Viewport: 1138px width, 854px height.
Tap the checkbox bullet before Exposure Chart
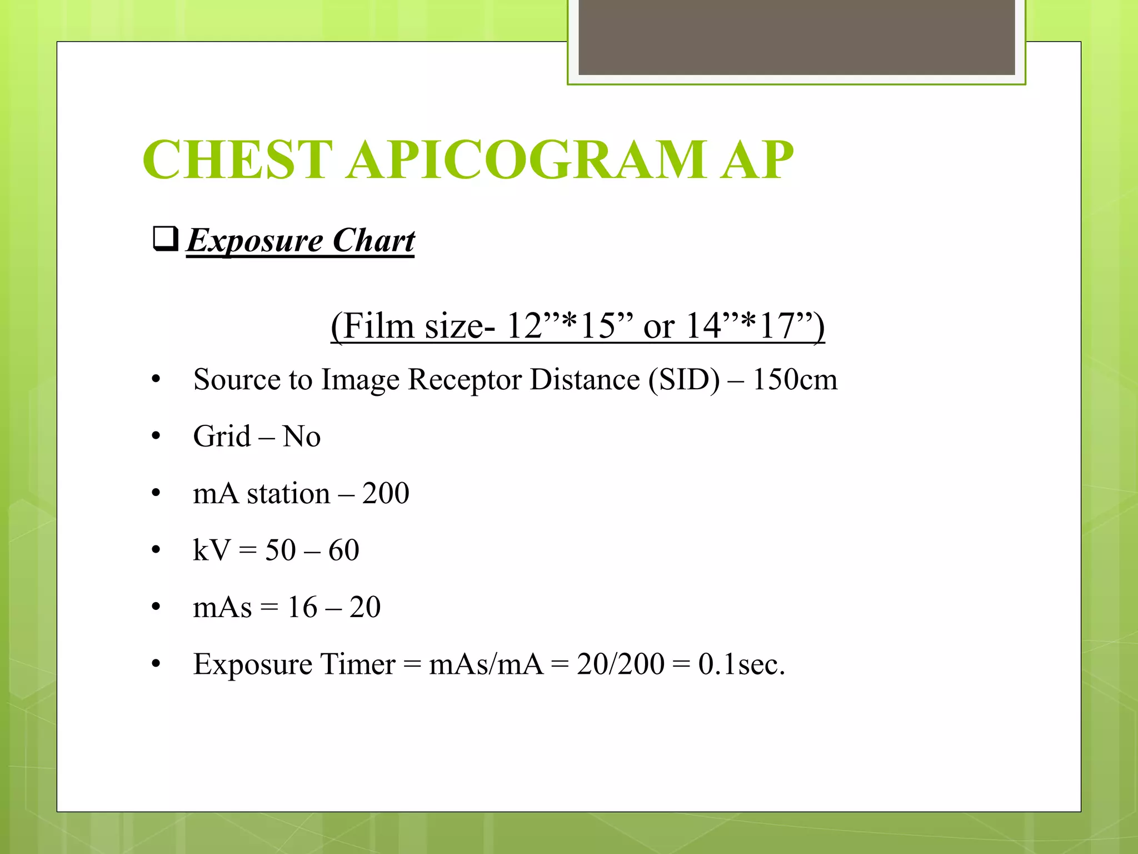[x=165, y=239]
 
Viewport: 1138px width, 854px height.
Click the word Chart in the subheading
[x=373, y=241]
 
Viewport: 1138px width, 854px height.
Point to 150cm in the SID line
[x=795, y=380]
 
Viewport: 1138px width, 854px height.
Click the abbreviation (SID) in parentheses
[x=683, y=380]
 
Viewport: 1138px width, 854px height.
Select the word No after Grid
[x=301, y=436]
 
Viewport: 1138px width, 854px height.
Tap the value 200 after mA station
[x=386, y=494]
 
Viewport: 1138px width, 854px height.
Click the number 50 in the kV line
[x=281, y=550]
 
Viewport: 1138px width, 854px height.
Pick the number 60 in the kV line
[x=343, y=550]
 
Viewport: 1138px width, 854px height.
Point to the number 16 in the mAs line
[x=302, y=607]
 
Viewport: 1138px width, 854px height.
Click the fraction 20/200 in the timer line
[x=620, y=664]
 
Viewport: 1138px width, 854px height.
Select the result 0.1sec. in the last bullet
[x=741, y=664]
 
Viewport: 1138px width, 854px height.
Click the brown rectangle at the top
[x=796, y=37]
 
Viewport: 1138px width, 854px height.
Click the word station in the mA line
[x=288, y=494]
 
